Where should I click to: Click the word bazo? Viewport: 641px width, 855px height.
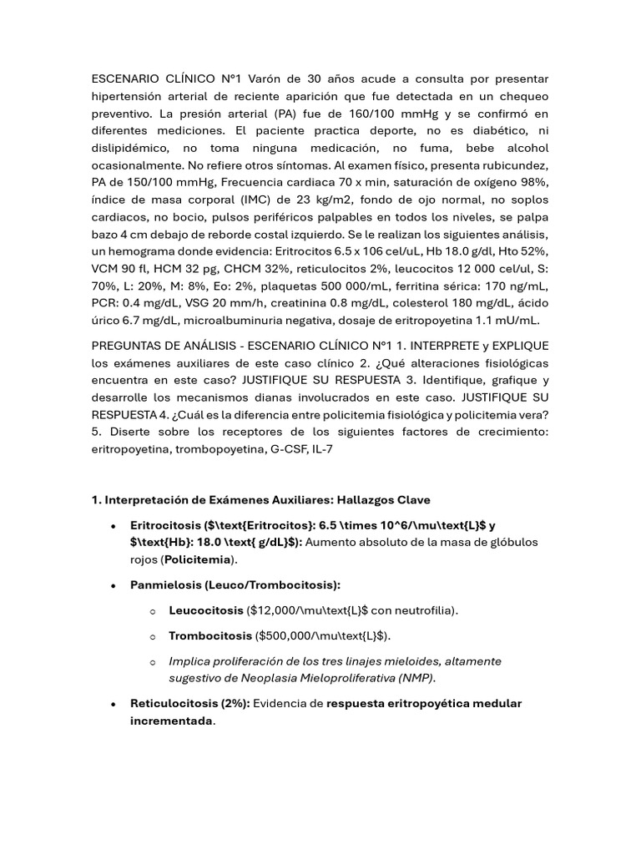coord(104,235)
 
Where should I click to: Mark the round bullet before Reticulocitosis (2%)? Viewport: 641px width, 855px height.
coord(113,704)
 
